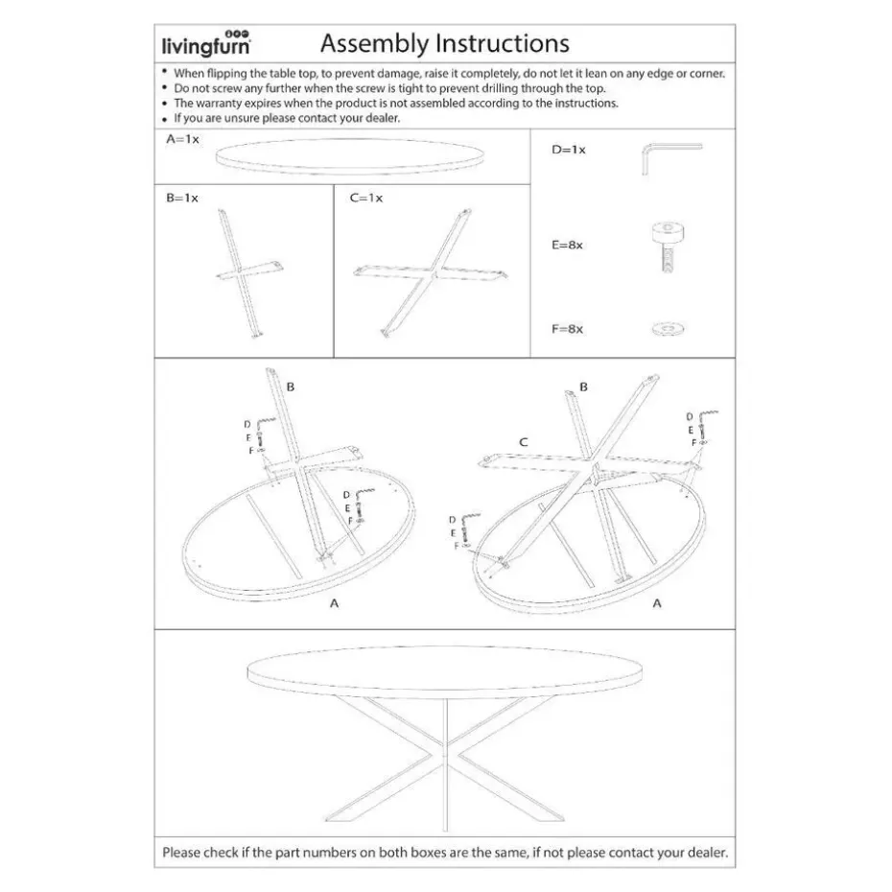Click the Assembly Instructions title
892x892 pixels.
pos(444,43)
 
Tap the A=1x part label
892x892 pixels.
pos(182,139)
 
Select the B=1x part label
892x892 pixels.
pos(181,198)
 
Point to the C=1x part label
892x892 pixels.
pos(365,198)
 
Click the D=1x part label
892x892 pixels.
pos(568,151)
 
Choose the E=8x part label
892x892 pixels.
pos(567,245)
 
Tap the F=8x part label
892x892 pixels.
pos(567,329)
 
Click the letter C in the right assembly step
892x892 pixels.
pos(524,442)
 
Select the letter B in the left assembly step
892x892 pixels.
pos(290,387)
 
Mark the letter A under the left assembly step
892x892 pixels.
pos(333,603)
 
